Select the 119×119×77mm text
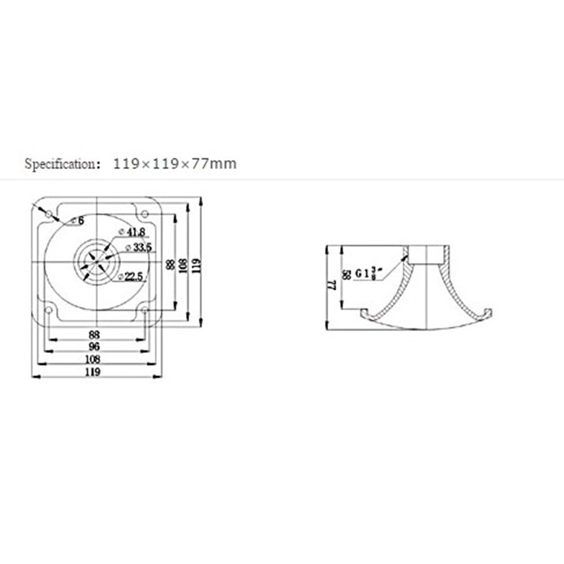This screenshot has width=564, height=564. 175,164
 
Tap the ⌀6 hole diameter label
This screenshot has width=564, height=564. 77,221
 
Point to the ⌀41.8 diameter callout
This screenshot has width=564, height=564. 133,232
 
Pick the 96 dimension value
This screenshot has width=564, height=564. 94,347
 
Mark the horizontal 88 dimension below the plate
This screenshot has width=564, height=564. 94,334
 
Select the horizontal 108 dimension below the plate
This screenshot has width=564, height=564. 92,359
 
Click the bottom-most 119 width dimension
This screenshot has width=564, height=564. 92,372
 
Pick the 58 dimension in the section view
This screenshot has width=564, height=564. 346,275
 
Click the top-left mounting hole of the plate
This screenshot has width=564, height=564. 49,214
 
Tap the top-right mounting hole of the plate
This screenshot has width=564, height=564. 144,214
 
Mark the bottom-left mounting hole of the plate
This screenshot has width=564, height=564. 49,310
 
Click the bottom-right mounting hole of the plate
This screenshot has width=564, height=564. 145,310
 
